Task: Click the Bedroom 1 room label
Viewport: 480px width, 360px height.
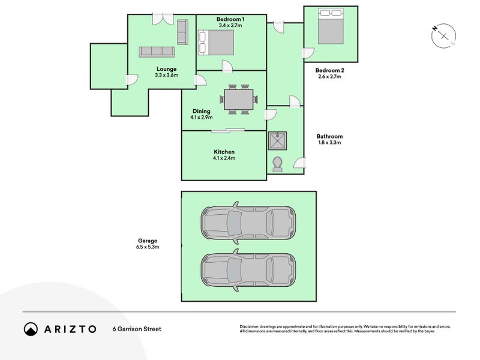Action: [x=231, y=19]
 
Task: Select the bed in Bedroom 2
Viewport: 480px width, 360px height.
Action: [x=329, y=26]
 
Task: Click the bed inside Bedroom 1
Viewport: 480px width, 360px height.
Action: [x=215, y=42]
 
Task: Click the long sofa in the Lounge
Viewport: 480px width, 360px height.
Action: [x=157, y=52]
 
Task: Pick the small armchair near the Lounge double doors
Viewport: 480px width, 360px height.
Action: [x=182, y=28]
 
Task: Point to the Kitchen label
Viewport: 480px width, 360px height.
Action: [x=223, y=152]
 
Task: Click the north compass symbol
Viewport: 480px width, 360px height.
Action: [x=444, y=36]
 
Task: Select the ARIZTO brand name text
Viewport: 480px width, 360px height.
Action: [x=70, y=329]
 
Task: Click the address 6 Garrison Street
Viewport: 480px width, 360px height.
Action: [x=137, y=329]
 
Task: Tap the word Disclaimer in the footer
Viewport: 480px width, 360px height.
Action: [x=252, y=326]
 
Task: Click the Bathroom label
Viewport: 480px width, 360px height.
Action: [x=329, y=136]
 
